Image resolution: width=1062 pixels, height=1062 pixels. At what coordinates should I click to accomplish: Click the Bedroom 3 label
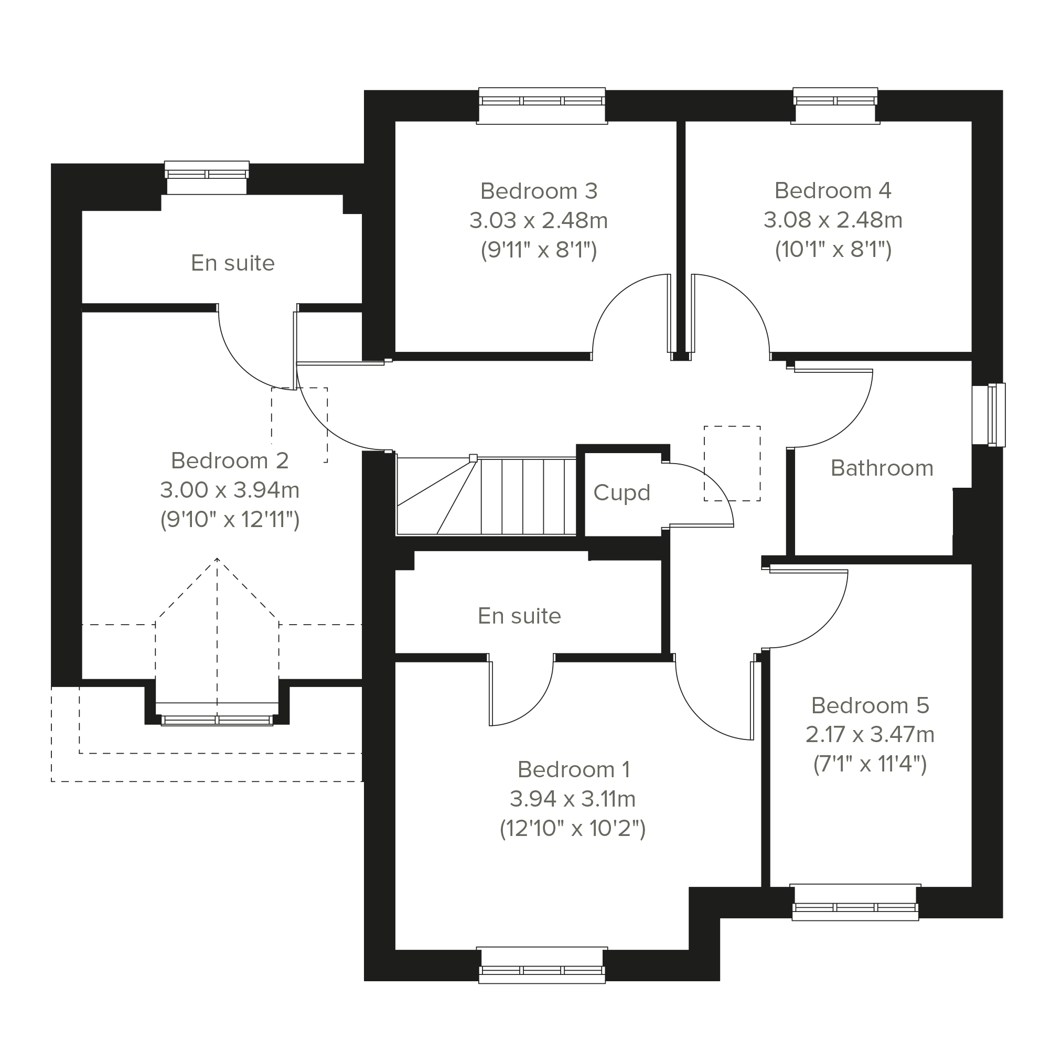(x=539, y=191)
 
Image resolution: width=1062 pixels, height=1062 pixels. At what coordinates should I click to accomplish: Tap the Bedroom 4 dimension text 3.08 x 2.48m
(x=833, y=220)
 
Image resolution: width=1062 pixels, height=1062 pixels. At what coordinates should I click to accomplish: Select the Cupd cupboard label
(x=621, y=493)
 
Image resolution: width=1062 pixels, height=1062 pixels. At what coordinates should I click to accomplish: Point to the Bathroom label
(x=882, y=468)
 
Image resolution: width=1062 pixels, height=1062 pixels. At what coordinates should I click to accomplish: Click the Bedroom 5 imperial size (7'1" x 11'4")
(x=870, y=764)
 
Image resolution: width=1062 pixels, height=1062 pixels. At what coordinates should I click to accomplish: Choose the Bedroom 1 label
(x=573, y=769)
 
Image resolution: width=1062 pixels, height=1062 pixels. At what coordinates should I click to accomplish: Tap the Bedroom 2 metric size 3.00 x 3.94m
(x=230, y=490)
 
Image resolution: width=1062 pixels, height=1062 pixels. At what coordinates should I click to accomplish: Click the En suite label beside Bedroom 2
(x=232, y=263)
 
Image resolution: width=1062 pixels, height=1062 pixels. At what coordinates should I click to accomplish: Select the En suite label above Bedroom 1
(x=519, y=616)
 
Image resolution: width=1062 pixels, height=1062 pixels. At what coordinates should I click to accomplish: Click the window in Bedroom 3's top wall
(x=542, y=105)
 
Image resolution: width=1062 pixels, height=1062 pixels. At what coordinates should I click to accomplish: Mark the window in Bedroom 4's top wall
(x=835, y=105)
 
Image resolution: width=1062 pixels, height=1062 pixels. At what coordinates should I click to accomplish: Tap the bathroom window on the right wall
(x=989, y=415)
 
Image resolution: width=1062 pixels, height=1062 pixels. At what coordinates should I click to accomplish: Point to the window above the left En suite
(x=207, y=177)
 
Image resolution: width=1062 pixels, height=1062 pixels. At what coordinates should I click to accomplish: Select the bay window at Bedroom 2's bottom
(x=217, y=714)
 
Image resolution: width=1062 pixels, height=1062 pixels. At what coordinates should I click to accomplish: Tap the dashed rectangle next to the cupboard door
(x=732, y=464)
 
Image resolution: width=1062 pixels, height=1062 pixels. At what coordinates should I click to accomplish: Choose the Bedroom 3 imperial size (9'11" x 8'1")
(x=539, y=250)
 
